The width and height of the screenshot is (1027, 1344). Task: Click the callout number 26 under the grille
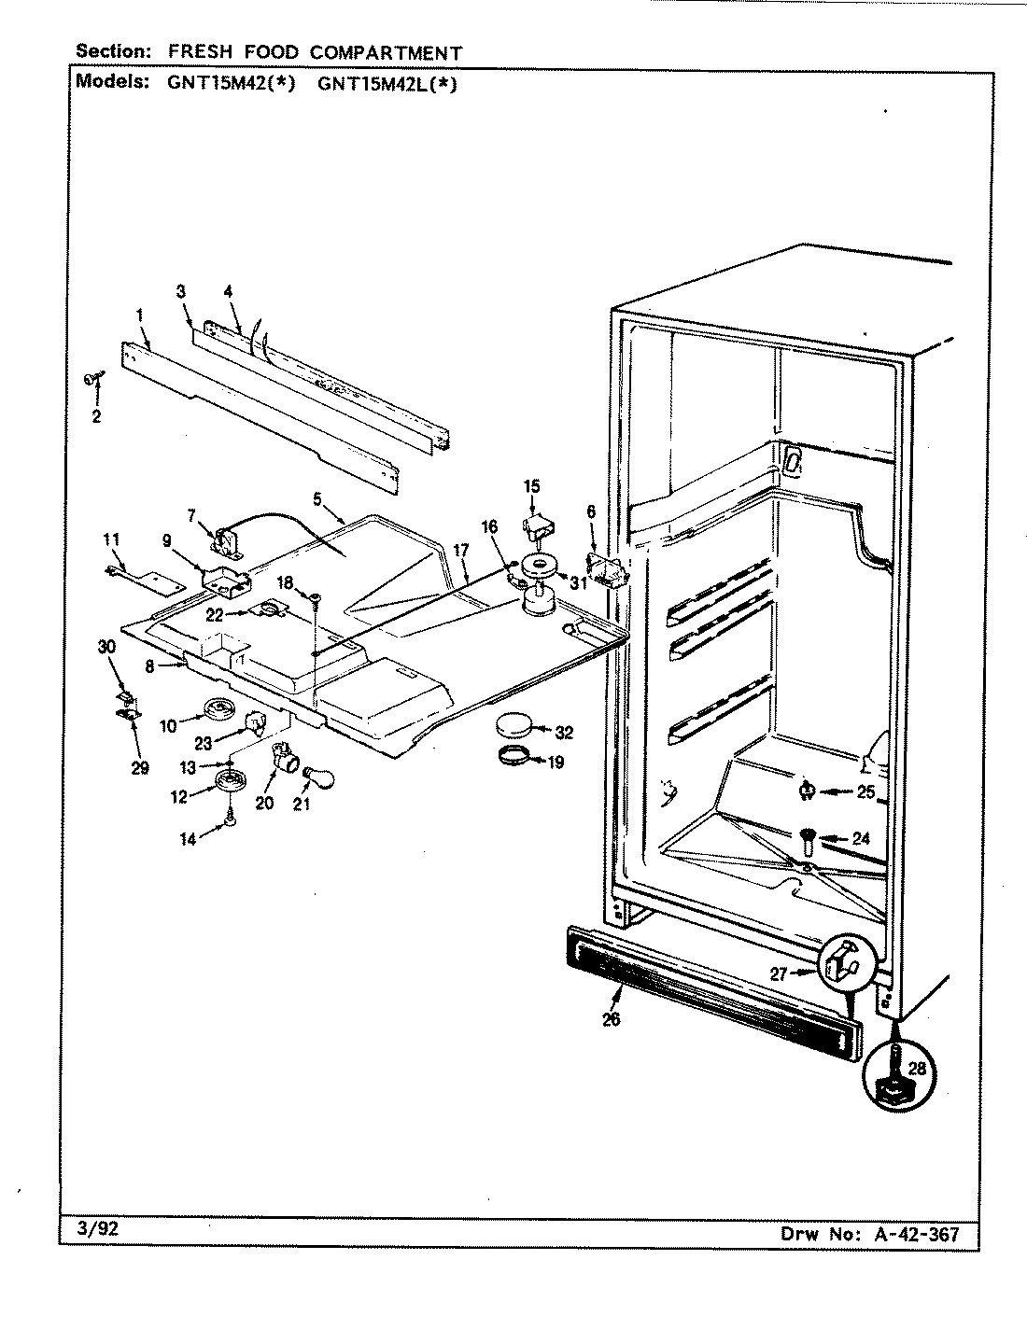(611, 1019)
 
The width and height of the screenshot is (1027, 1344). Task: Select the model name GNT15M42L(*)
(387, 82)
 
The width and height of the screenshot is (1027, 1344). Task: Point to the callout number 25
(865, 792)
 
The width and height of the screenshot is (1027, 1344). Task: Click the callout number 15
(531, 485)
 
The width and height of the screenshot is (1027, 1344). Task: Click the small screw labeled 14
(229, 821)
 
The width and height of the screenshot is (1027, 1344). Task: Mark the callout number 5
(317, 499)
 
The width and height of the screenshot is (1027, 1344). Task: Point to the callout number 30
(106, 647)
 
